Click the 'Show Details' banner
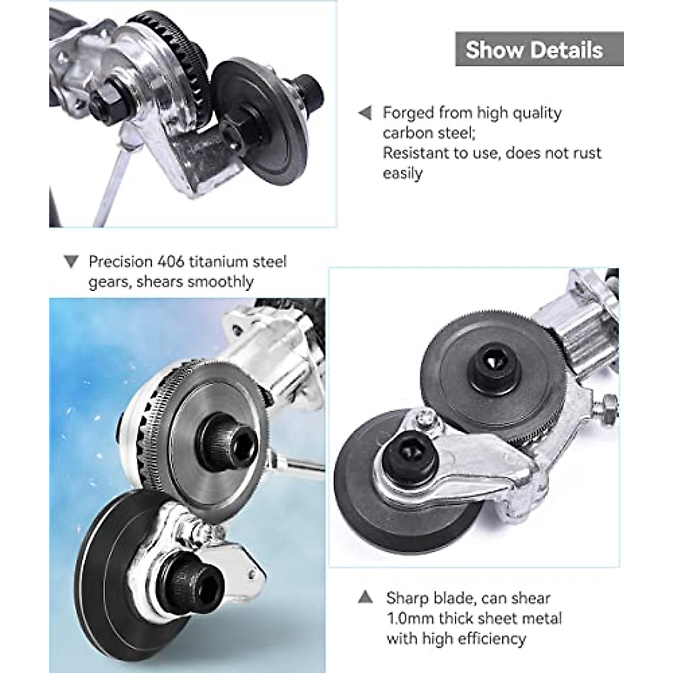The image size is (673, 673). [x=539, y=49]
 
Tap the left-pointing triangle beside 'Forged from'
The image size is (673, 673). [x=365, y=113]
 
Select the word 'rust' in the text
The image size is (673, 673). [x=586, y=153]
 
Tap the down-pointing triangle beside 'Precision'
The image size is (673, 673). [x=71, y=262]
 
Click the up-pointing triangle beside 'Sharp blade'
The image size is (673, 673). [x=365, y=597]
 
